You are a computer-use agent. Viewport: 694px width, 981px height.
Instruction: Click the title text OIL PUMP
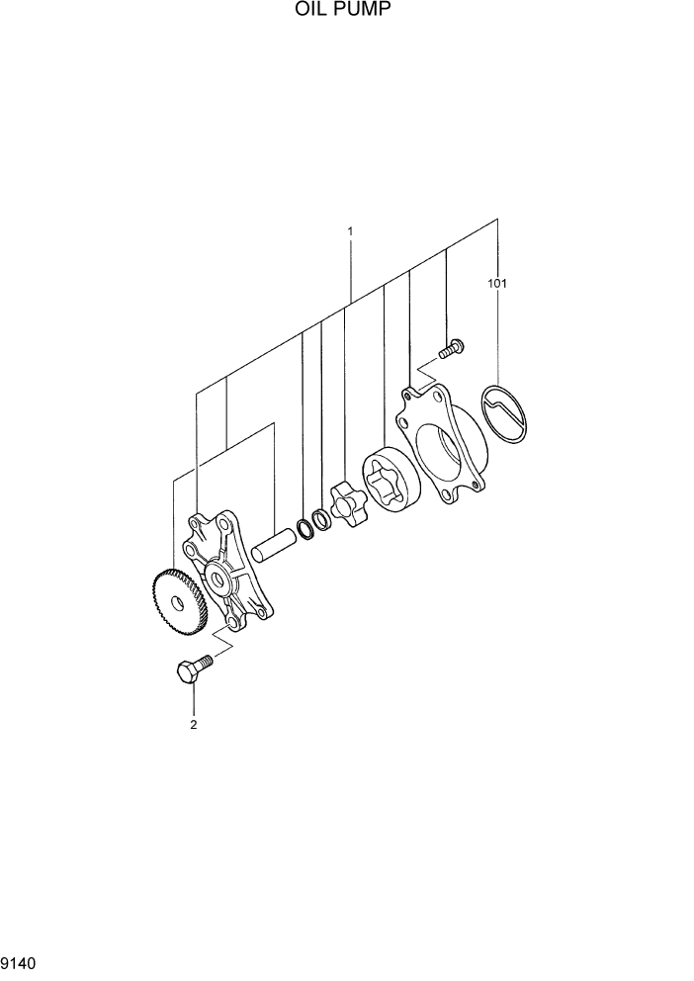pyautogui.click(x=346, y=10)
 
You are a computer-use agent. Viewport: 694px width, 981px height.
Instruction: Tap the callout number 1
pyautogui.click(x=350, y=231)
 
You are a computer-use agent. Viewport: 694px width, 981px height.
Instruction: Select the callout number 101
pyautogui.click(x=496, y=284)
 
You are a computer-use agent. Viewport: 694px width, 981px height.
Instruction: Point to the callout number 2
pyautogui.click(x=194, y=725)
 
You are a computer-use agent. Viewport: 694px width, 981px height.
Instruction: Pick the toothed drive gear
pyautogui.click(x=175, y=602)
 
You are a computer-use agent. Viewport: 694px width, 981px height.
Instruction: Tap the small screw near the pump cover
pyautogui.click(x=452, y=347)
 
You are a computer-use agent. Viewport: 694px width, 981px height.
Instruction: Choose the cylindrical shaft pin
pyautogui.click(x=274, y=545)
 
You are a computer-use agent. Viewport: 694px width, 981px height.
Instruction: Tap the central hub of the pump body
pyautogui.click(x=218, y=579)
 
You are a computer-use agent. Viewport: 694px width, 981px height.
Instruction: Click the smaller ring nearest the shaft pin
pyautogui.click(x=305, y=529)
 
